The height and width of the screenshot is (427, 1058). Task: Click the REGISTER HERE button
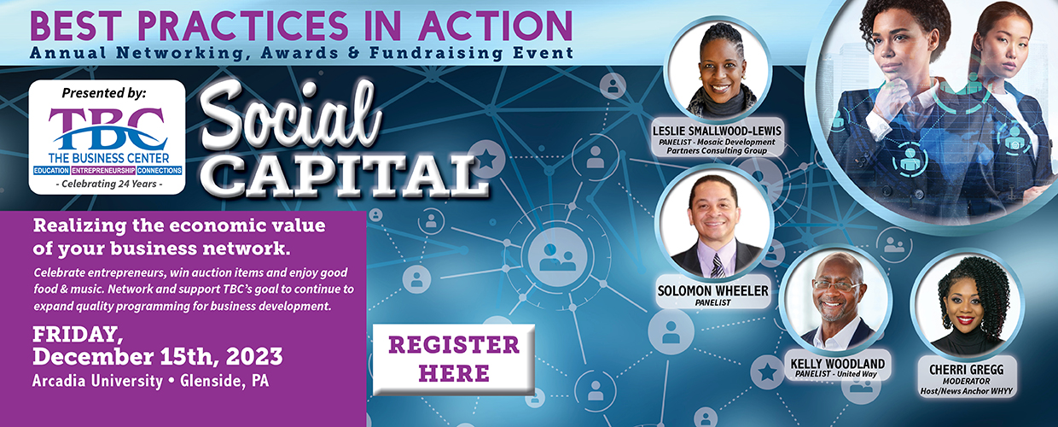click(x=454, y=360)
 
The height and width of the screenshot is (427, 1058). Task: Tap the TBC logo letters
click(x=108, y=129)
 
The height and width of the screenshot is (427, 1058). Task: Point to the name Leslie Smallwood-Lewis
click(x=717, y=131)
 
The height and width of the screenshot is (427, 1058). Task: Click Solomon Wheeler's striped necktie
click(x=718, y=266)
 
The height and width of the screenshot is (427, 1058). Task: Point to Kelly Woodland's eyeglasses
click(x=837, y=286)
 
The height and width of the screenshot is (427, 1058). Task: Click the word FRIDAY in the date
click(x=78, y=335)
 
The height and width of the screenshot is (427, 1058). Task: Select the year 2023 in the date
click(x=254, y=356)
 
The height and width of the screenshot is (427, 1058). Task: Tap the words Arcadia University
click(x=97, y=381)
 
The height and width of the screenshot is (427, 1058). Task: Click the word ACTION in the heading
click(x=496, y=26)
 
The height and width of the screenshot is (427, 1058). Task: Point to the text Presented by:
click(x=104, y=93)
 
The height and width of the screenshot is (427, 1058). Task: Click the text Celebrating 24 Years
click(x=109, y=184)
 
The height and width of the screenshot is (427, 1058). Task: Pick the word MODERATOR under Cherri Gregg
click(x=967, y=381)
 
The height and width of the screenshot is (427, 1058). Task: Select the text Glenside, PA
click(x=224, y=381)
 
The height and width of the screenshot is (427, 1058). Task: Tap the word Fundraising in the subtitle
click(x=436, y=53)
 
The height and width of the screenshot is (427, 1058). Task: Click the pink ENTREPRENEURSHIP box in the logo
click(x=103, y=170)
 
